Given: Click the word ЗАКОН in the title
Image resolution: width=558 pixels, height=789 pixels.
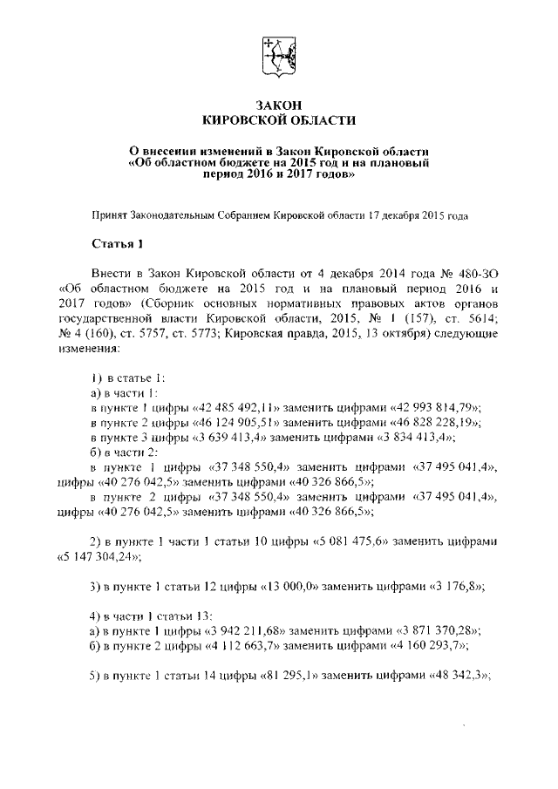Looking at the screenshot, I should (x=278, y=105).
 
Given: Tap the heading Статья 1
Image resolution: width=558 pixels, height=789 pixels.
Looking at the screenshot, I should (x=116, y=242).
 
